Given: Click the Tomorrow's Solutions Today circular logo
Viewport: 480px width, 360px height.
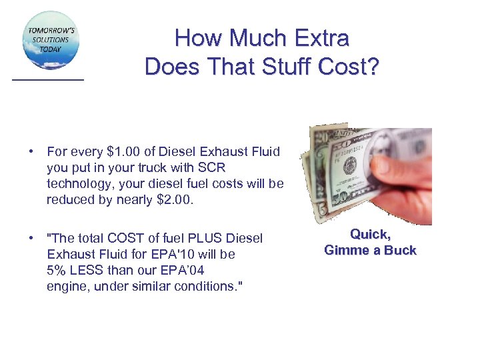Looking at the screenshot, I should click(51, 40).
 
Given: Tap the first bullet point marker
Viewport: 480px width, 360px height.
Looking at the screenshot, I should click(31, 152).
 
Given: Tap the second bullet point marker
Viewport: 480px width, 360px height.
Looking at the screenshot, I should click(31, 238).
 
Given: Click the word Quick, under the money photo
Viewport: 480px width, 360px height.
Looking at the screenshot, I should click(370, 234).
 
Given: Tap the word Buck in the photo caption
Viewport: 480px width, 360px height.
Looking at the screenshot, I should click(400, 251).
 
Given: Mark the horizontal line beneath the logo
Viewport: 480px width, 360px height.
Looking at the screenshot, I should click(48, 79).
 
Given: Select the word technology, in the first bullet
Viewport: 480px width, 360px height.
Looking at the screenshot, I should click(82, 184).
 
